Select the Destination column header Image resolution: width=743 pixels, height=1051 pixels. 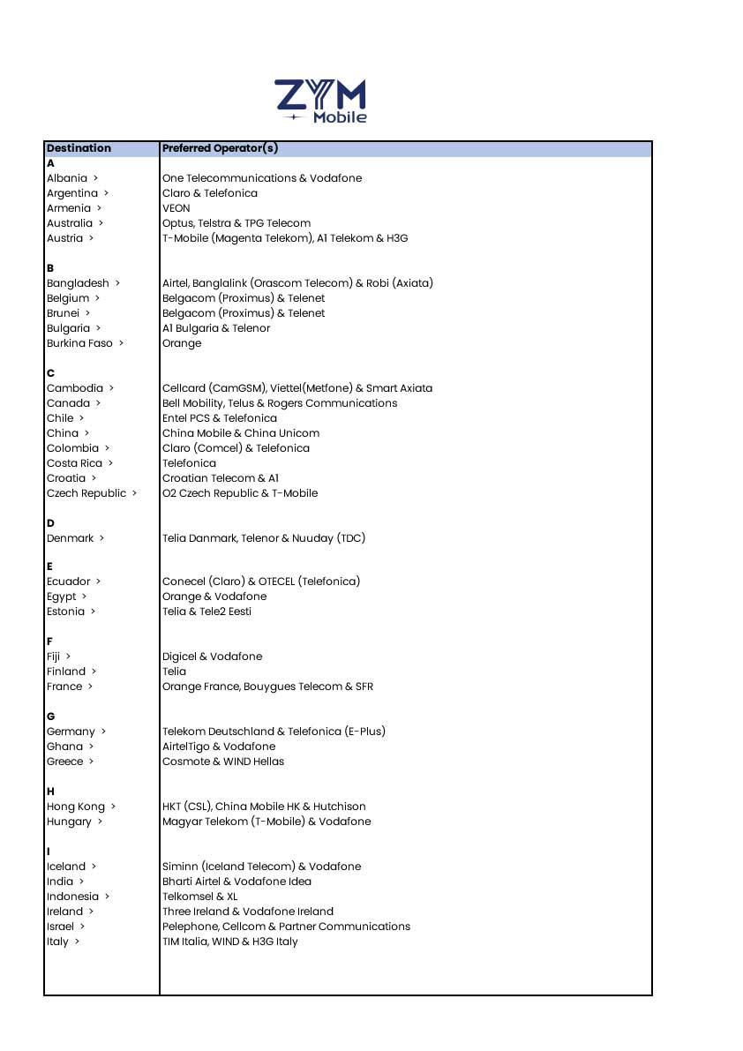[x=79, y=148]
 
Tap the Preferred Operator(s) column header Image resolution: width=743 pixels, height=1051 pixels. [x=220, y=148]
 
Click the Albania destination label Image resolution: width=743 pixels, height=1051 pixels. [x=67, y=178]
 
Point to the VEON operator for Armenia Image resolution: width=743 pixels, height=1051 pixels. [x=176, y=208]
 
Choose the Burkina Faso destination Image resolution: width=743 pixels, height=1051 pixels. [x=79, y=343]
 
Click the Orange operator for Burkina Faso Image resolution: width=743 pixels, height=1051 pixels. [x=182, y=343]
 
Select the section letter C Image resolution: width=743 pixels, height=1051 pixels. [x=50, y=373]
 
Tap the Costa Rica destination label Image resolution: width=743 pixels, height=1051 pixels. [x=74, y=463]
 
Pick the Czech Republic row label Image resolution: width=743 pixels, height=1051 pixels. [x=86, y=493]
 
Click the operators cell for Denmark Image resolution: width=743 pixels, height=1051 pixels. [x=263, y=538]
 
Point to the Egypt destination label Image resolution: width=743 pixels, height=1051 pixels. [x=62, y=597]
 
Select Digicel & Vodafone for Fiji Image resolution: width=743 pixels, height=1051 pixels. [x=212, y=657]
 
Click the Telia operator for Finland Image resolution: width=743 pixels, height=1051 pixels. [x=174, y=672]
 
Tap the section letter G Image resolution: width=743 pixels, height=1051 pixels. [x=50, y=717]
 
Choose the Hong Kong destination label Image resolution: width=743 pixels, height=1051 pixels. [x=76, y=807]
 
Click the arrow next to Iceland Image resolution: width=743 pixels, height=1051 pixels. [x=94, y=867]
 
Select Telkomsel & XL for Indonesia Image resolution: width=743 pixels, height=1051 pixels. [x=199, y=897]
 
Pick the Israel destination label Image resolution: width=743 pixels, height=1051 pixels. [x=61, y=927]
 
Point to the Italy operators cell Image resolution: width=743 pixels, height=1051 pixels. [x=229, y=942]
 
